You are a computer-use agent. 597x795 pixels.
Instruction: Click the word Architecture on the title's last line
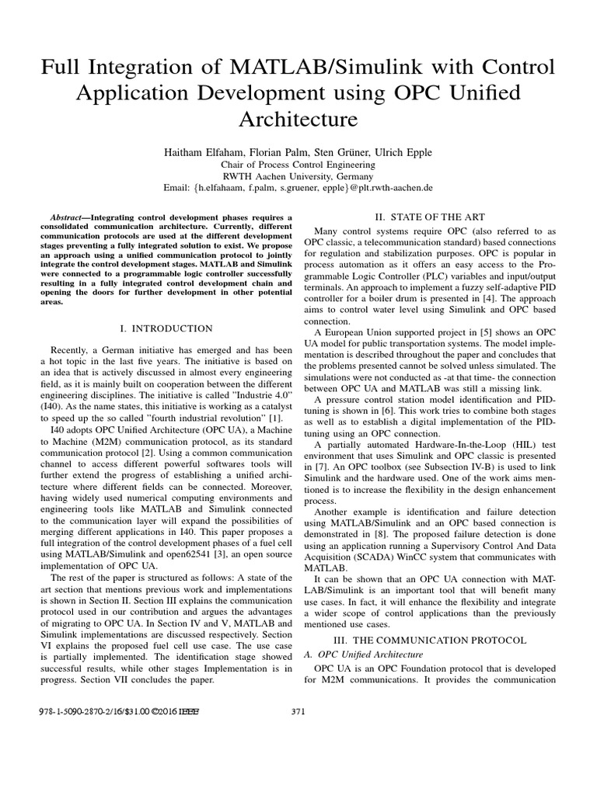(x=298, y=120)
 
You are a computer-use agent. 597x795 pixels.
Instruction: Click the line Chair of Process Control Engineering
(x=298, y=164)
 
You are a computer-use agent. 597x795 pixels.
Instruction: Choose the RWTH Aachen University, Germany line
(x=298, y=175)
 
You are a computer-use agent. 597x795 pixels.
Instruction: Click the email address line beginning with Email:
(x=298, y=188)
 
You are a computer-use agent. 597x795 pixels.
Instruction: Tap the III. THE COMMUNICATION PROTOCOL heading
(x=430, y=641)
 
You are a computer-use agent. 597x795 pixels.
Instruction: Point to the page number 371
(x=298, y=711)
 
